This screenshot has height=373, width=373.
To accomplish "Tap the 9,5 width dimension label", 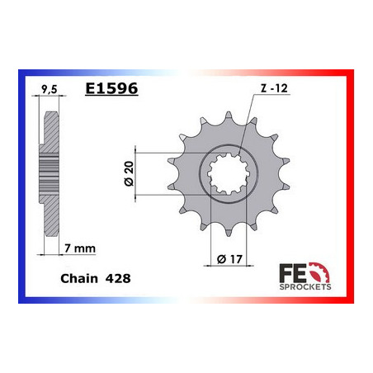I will [49, 85].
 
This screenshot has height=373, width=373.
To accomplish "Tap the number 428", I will [117, 279].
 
